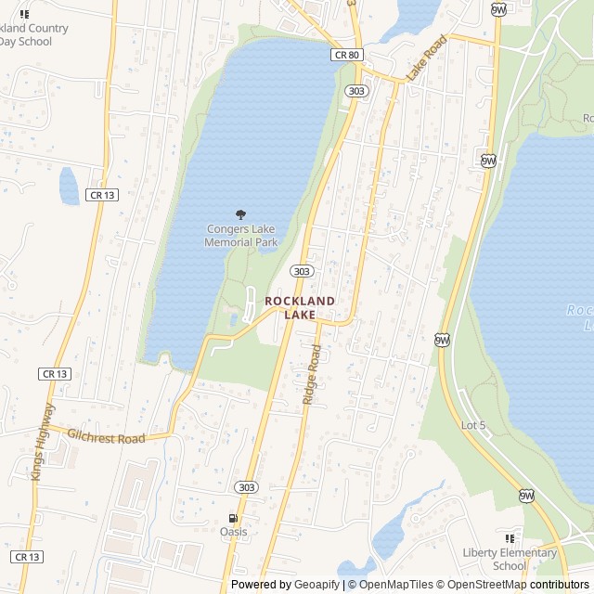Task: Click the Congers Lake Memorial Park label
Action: click(241, 236)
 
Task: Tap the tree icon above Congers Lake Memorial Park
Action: click(241, 215)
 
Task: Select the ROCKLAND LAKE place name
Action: click(300, 308)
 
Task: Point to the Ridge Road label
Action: click(311, 375)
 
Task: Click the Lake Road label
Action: click(426, 58)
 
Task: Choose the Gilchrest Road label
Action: click(107, 436)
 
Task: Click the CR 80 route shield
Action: click(345, 56)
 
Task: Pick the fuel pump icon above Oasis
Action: click(233, 518)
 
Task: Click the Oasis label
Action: click(233, 532)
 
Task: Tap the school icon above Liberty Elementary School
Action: click(510, 538)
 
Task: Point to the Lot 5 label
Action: click(472, 425)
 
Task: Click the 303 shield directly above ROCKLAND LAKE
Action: click(301, 271)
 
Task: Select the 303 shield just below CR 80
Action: click(356, 90)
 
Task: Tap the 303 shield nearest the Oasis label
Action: click(246, 487)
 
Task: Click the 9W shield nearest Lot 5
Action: click(443, 341)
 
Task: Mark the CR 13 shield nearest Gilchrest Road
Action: click(55, 373)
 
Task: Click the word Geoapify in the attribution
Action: click(315, 585)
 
